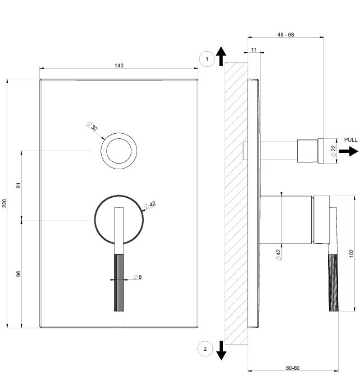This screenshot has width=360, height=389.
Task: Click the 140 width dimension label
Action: point(119,66)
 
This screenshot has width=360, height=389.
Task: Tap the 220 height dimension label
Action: point(4,203)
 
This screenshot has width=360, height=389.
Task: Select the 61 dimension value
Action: point(19,186)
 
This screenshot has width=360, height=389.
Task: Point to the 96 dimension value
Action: point(19,274)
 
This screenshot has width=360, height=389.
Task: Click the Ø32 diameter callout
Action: point(92,126)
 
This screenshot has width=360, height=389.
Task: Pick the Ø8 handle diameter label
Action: point(138,277)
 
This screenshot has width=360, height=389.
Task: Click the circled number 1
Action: point(207,59)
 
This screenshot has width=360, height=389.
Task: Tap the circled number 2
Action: point(205,349)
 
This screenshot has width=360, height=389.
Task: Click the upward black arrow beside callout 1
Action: point(221,56)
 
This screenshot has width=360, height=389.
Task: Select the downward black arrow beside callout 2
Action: point(221,351)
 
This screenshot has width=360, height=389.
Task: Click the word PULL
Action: point(351,139)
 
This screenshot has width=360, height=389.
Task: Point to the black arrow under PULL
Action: point(348,151)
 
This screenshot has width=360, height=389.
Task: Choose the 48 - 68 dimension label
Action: point(286,35)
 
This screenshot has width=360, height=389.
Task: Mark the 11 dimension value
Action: point(254,50)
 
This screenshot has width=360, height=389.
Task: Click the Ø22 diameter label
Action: point(334,151)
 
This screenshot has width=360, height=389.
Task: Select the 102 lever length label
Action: point(352,254)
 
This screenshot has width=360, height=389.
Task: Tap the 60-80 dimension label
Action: point(293,368)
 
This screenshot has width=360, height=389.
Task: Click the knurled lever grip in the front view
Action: point(119,283)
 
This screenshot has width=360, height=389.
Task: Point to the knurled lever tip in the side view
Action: point(334,283)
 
